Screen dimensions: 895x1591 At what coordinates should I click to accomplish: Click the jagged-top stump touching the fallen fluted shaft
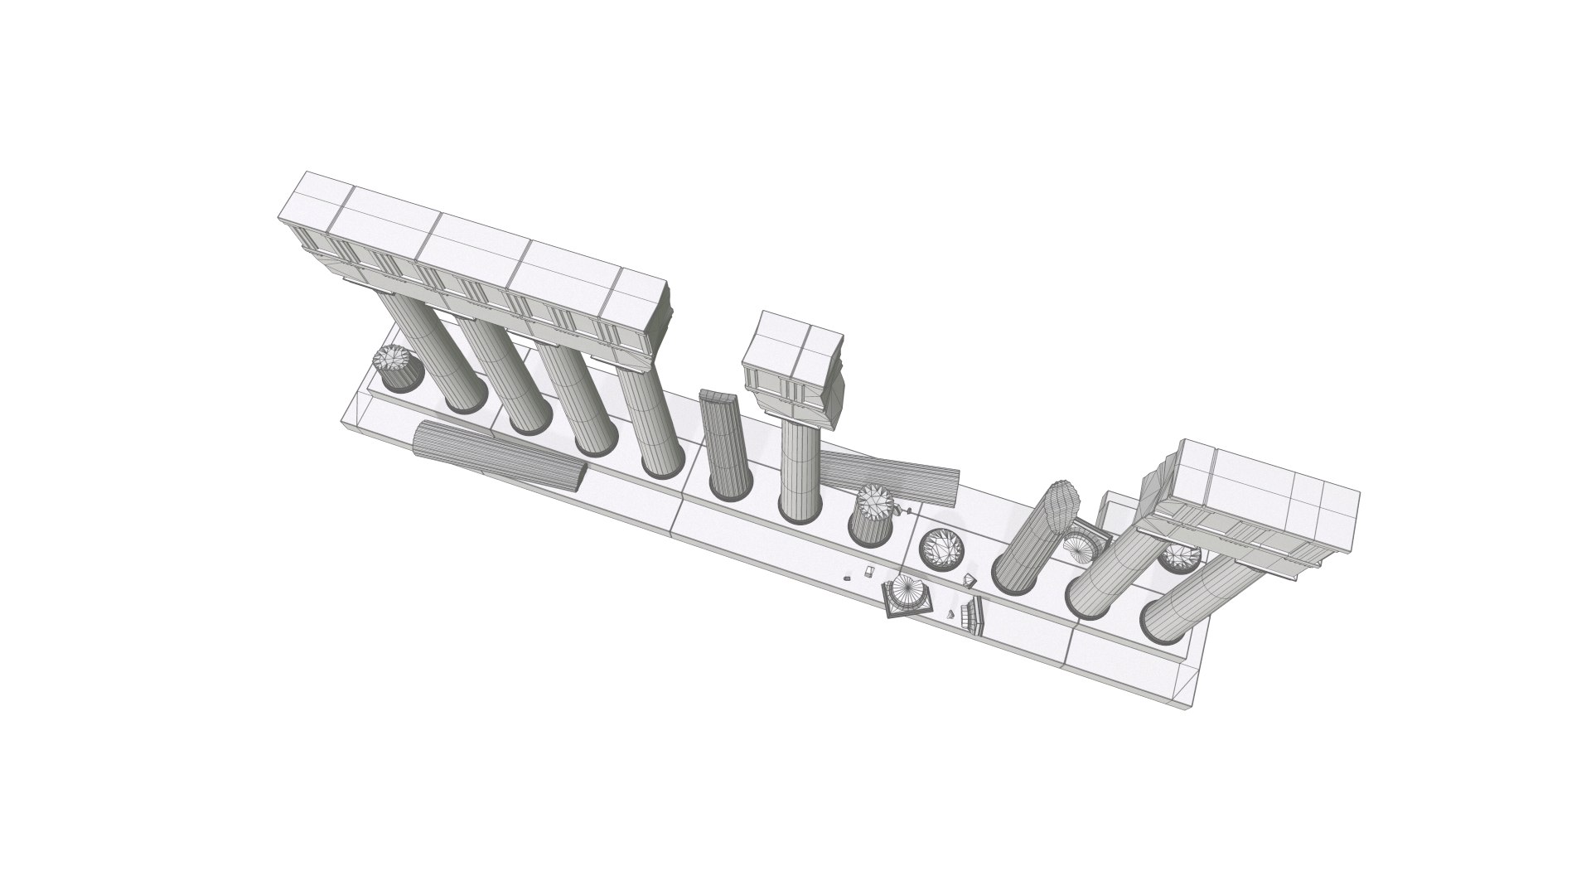870,515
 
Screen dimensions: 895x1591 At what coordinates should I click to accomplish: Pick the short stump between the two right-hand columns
1178,557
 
